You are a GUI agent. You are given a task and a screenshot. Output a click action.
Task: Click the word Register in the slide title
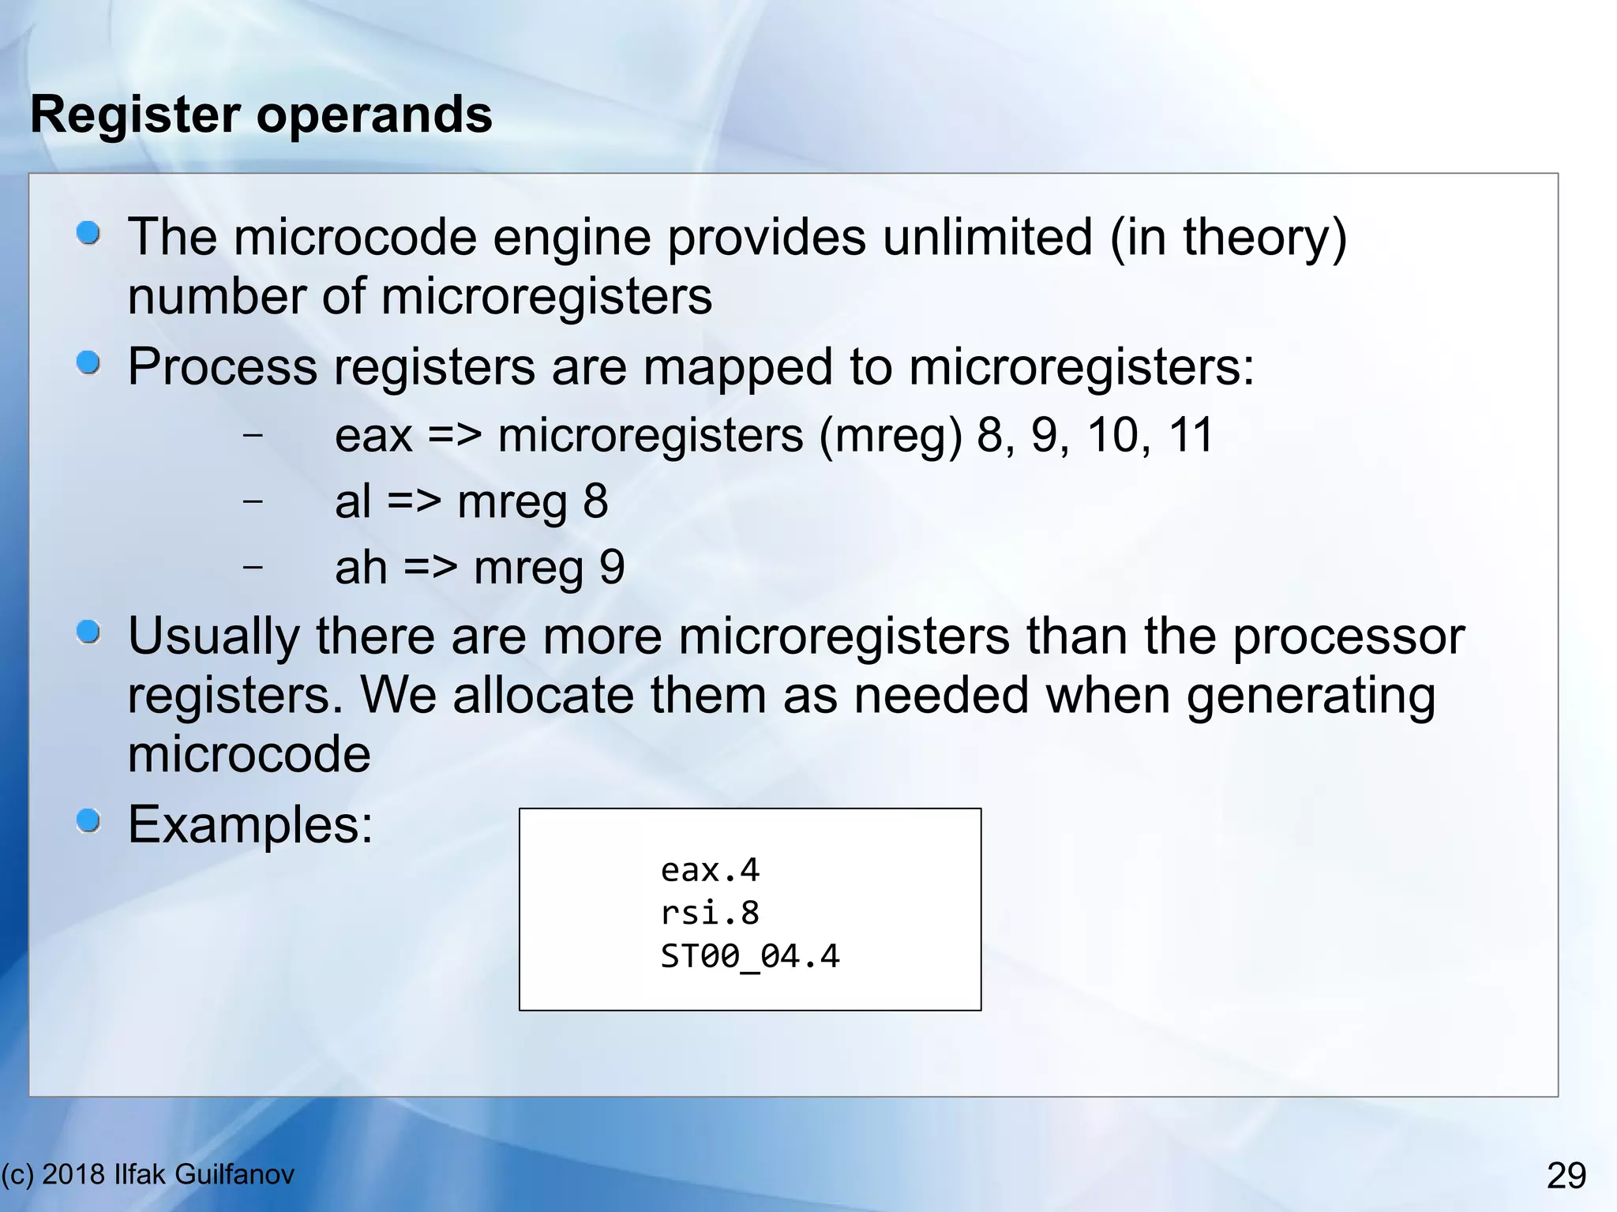[135, 114]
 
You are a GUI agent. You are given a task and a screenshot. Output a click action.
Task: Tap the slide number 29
[1566, 1176]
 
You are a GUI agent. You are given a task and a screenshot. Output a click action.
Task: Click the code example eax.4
[710, 870]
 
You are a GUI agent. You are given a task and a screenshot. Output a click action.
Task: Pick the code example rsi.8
[710, 913]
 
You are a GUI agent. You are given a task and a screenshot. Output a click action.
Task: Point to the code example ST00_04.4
[750, 956]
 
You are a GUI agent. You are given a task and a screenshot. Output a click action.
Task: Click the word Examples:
[250, 825]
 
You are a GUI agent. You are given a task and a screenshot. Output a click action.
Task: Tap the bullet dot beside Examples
[88, 821]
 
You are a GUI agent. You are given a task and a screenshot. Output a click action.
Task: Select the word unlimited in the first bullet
[988, 237]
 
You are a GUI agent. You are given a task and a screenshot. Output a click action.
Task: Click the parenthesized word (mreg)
[891, 435]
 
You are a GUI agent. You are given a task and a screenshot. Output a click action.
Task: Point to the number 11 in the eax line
[1191, 435]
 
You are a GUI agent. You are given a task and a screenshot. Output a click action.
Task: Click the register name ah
[361, 568]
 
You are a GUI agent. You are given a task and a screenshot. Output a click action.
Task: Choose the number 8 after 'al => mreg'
[595, 501]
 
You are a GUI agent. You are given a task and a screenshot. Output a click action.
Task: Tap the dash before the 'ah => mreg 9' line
[253, 566]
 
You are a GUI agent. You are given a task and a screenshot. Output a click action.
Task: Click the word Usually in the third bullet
[213, 636]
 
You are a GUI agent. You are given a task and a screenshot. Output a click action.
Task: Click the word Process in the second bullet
[223, 367]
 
